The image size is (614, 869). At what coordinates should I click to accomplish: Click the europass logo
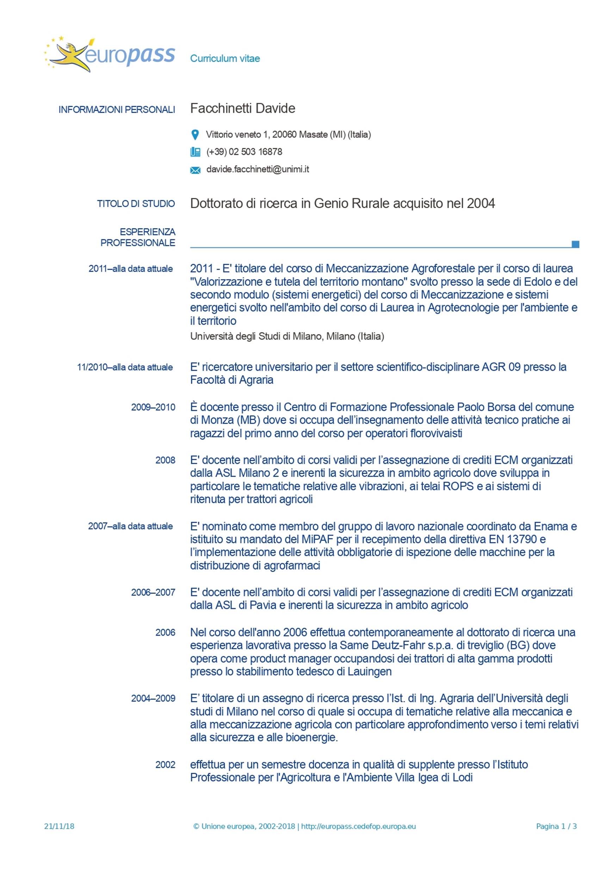tap(110, 55)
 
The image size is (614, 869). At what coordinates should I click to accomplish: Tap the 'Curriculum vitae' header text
tap(225, 58)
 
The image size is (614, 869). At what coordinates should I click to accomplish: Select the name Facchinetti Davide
tap(243, 108)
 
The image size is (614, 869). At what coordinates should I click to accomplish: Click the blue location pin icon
tap(195, 135)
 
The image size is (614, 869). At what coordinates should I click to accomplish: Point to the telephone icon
tap(195, 152)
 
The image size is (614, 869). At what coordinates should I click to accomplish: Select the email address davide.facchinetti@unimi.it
tap(258, 169)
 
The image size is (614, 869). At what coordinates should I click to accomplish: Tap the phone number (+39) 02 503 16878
tap(244, 152)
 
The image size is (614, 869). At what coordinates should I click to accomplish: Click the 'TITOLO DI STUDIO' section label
tap(136, 204)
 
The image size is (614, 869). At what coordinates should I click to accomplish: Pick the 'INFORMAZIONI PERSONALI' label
tap(117, 110)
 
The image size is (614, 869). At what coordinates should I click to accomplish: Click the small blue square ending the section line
tap(575, 244)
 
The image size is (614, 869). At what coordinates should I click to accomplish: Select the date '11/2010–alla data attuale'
tap(125, 367)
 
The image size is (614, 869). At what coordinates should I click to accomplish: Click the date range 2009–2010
tap(153, 407)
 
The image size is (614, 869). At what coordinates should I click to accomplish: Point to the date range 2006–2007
tap(153, 592)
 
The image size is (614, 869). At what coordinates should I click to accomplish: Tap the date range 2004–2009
tap(153, 698)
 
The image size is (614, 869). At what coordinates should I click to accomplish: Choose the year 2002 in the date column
tap(165, 764)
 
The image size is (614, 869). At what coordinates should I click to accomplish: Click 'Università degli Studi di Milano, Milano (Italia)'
tap(287, 336)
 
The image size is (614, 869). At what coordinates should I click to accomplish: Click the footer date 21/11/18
tap(59, 826)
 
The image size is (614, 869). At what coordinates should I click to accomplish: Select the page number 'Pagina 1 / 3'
tap(556, 826)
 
